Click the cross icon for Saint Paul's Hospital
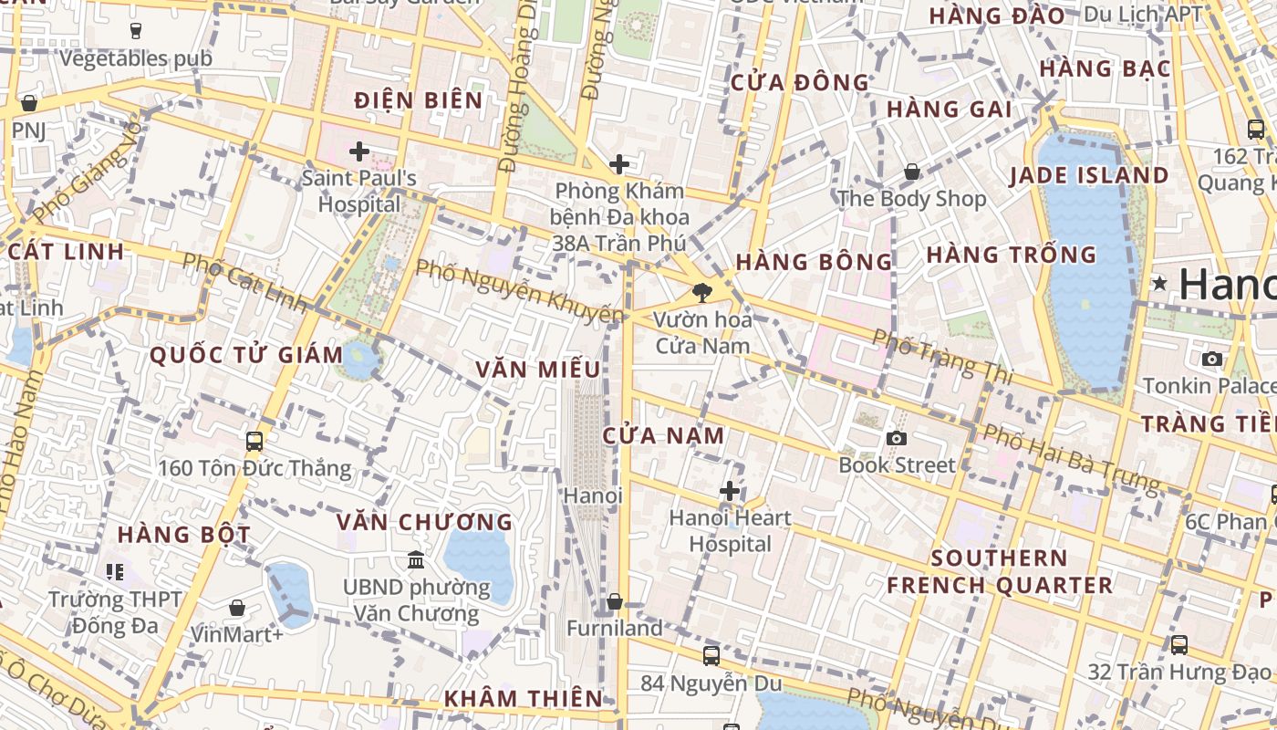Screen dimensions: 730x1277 [x=359, y=151]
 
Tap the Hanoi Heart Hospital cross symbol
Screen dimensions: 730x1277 [x=730, y=491]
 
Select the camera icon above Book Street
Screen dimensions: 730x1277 [x=897, y=438]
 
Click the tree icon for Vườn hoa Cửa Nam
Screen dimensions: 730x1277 [x=701, y=293]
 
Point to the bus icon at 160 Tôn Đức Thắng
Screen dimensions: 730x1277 [x=254, y=442]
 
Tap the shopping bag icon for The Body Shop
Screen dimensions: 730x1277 [x=911, y=172]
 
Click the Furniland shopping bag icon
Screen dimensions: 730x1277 [x=615, y=601]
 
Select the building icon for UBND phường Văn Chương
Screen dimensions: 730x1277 [x=416, y=558]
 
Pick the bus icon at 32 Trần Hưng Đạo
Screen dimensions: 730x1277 [x=1178, y=645]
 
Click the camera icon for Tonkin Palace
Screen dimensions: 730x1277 [x=1212, y=359]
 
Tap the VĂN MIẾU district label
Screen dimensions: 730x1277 [x=538, y=370]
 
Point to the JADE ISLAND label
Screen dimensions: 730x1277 [x=1089, y=175]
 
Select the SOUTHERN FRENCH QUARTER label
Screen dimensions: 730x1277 [x=1000, y=571]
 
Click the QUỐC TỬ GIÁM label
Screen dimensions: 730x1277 [x=246, y=354]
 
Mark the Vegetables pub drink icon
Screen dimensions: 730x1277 [x=136, y=31]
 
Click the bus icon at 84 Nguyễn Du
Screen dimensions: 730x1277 [x=711, y=655]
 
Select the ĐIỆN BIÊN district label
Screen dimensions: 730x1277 [x=419, y=100]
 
